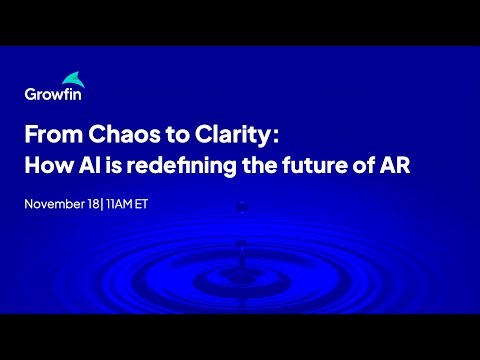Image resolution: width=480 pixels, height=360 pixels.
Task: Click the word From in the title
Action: click(x=50, y=134)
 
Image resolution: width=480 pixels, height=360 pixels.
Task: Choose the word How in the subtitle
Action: click(x=46, y=165)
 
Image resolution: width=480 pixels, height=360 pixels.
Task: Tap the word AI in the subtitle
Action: click(x=88, y=165)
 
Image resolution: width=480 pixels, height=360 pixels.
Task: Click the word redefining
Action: click(x=176, y=165)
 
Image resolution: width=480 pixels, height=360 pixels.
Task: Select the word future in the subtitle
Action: click(x=308, y=165)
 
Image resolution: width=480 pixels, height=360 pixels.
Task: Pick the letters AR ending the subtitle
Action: click(x=392, y=165)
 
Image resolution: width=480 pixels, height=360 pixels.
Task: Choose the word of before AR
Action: click(x=357, y=165)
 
